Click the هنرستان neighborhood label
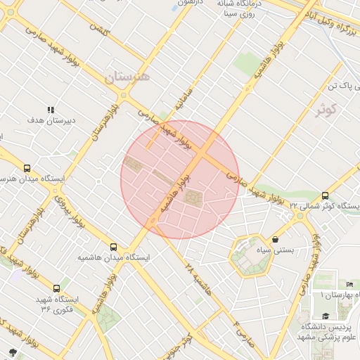(x=128, y=77)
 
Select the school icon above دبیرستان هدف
(x=50, y=110)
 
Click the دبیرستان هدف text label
(x=51, y=121)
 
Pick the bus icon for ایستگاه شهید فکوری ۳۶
(x=56, y=288)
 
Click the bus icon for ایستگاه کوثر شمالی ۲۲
(x=325, y=195)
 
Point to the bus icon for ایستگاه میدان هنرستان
(x=27, y=168)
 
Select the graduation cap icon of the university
(x=326, y=316)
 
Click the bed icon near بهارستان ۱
(x=351, y=284)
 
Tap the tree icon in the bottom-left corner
(x=12, y=351)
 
